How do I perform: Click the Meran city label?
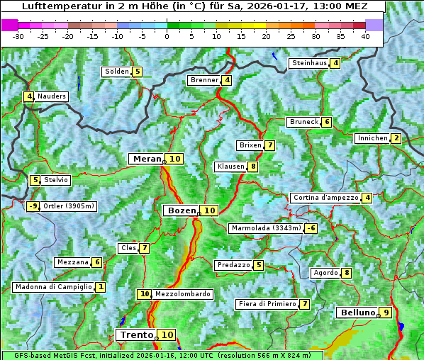coord(146,159)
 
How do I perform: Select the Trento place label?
coord(137,335)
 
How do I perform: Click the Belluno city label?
coord(357,313)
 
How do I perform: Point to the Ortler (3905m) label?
coord(68,206)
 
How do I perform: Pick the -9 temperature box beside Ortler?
coord(33,206)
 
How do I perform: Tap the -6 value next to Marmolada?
coord(311,228)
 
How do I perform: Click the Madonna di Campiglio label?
coord(53,287)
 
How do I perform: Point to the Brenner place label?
coord(204,80)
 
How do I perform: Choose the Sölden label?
coord(117,72)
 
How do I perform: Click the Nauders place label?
coord(52,96)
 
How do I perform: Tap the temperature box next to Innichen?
coord(396,138)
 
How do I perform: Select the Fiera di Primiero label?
coord(267,304)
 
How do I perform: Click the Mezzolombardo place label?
coord(182,294)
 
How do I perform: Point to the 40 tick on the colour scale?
coord(365,36)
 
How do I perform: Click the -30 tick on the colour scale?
coord(18,36)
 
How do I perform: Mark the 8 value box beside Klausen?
coord(252,167)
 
